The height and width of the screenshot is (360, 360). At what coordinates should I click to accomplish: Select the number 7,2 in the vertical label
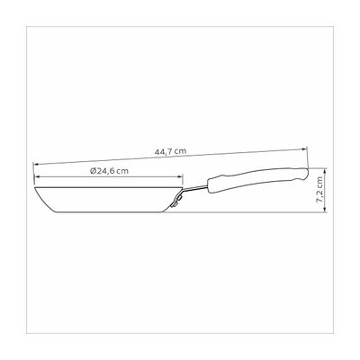click(333, 187)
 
